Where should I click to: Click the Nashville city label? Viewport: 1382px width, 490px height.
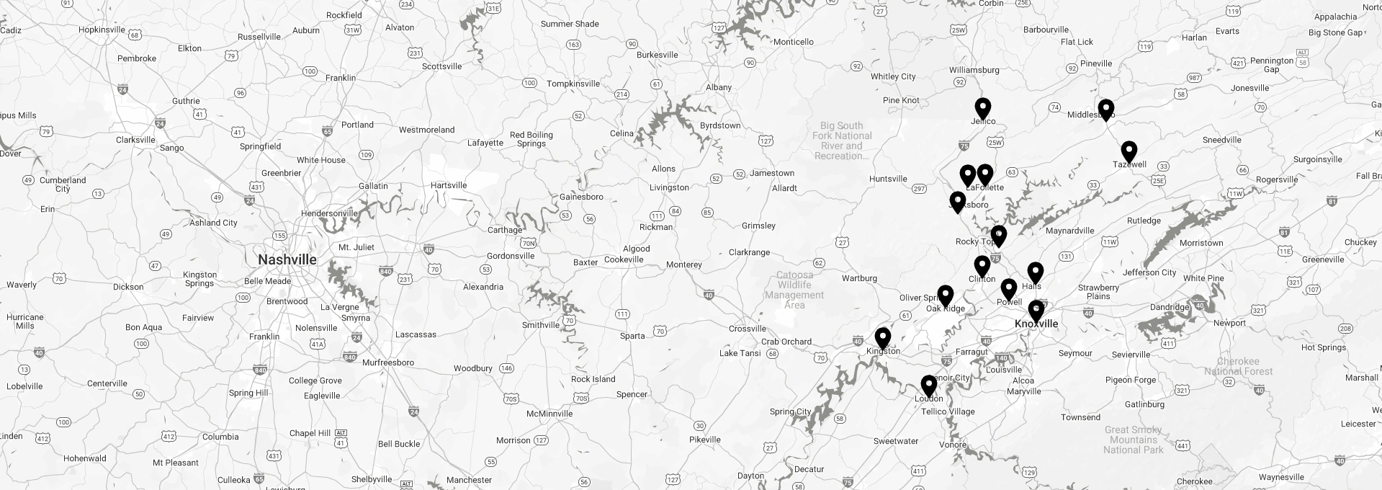287,259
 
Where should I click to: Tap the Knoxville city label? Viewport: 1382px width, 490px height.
1036,324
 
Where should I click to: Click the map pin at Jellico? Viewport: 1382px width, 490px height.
982,108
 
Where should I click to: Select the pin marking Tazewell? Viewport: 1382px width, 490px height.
1129,151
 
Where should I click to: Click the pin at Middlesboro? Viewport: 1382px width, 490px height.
1105,110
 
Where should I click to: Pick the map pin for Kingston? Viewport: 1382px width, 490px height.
882,337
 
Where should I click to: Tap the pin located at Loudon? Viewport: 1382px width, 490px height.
928,386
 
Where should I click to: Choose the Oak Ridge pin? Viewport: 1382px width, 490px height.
945,295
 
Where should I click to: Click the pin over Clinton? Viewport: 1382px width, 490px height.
982,265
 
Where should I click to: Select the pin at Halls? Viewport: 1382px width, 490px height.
1035,272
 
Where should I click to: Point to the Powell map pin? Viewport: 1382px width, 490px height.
1008,288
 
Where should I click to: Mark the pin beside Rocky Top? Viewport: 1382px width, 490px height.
998,235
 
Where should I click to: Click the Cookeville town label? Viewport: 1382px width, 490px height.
623,259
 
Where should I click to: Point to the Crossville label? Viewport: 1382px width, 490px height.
747,329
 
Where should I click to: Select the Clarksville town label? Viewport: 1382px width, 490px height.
135,140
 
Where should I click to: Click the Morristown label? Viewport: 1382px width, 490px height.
1201,243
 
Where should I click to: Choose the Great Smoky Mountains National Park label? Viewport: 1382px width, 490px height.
1133,440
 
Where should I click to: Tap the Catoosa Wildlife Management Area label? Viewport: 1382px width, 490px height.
794,290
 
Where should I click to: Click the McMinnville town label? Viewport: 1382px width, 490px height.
549,414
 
